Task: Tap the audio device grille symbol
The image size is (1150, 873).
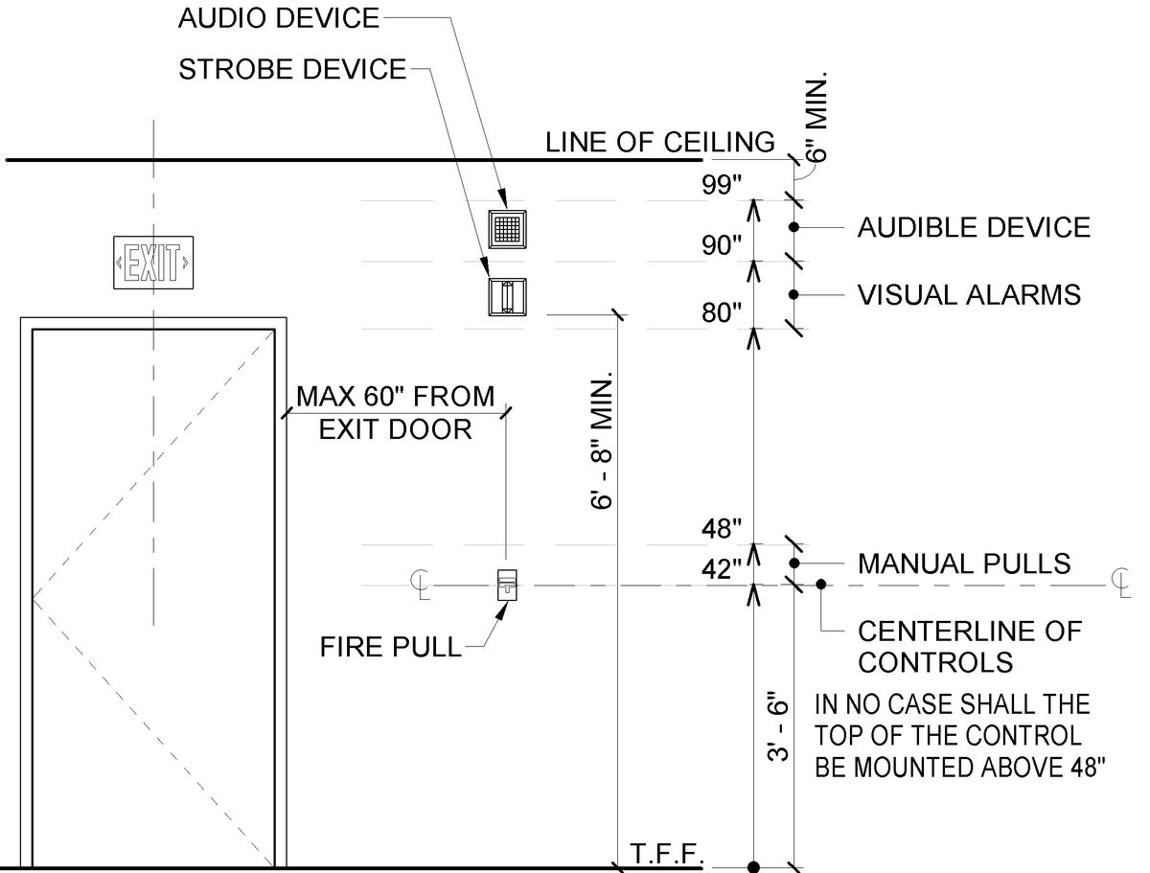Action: (508, 228)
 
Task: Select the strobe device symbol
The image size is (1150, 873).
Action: (505, 296)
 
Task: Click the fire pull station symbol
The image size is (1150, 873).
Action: (506, 584)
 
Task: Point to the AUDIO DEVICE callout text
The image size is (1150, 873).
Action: (279, 18)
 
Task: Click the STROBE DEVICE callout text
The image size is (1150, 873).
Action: (292, 70)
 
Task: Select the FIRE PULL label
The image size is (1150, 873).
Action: (390, 647)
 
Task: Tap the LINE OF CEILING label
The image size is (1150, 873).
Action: (659, 143)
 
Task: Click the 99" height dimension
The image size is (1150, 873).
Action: (722, 186)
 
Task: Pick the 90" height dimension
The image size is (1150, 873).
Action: (722, 245)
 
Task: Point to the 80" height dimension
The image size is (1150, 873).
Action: (722, 313)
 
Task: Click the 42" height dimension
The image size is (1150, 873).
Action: (722, 569)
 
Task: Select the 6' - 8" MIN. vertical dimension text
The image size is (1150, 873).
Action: (603, 441)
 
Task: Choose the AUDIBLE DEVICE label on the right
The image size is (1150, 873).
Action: (974, 228)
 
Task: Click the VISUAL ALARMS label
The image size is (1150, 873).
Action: (969, 294)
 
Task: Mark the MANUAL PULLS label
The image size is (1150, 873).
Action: (964, 563)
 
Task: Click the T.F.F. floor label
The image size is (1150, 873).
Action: (667, 853)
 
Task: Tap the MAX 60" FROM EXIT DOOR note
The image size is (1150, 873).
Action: (395, 412)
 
